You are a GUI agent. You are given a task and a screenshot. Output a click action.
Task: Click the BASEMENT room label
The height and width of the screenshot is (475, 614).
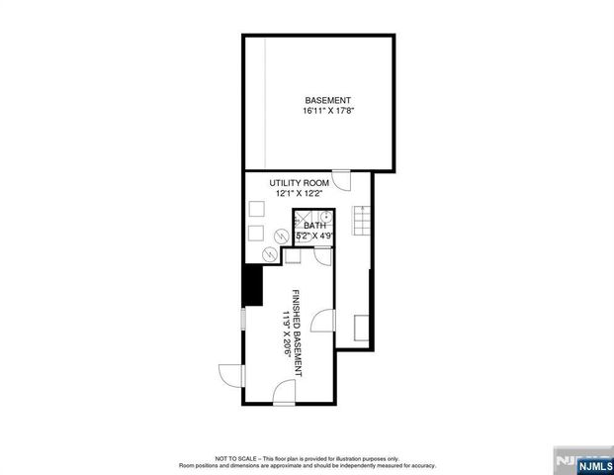tap(326, 100)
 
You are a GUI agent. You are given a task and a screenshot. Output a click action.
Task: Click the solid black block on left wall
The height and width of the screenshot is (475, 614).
tap(251, 287)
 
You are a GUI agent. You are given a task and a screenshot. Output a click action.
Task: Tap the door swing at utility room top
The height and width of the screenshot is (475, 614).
tap(341, 181)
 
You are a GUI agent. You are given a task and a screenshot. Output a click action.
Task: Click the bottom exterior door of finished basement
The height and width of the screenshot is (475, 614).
tap(284, 394)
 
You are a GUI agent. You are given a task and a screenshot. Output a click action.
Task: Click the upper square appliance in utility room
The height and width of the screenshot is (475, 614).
tap(256, 210)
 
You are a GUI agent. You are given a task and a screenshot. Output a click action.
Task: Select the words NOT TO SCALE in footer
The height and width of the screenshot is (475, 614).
tap(230, 458)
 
